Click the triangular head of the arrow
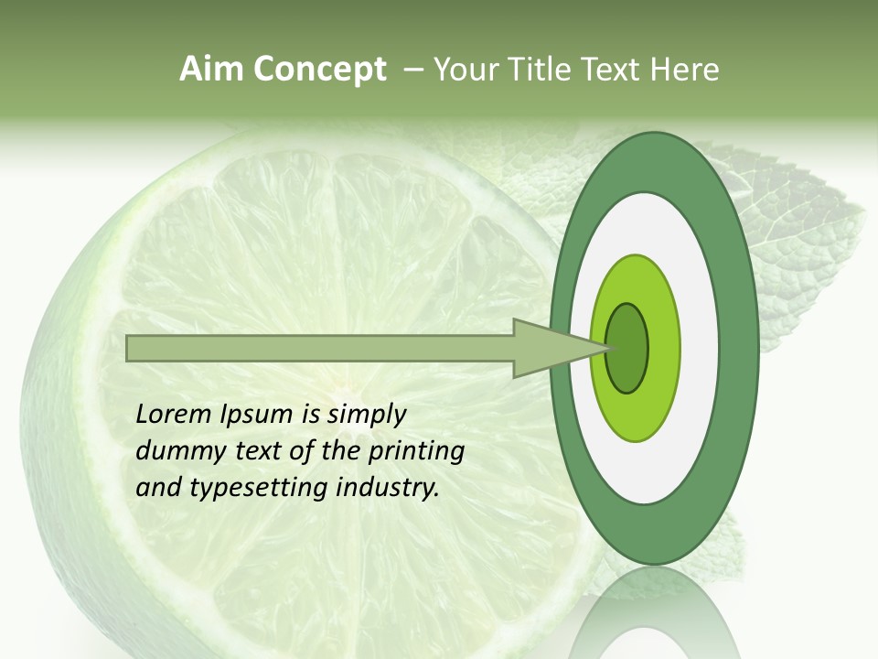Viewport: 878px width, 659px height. [549, 348]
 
